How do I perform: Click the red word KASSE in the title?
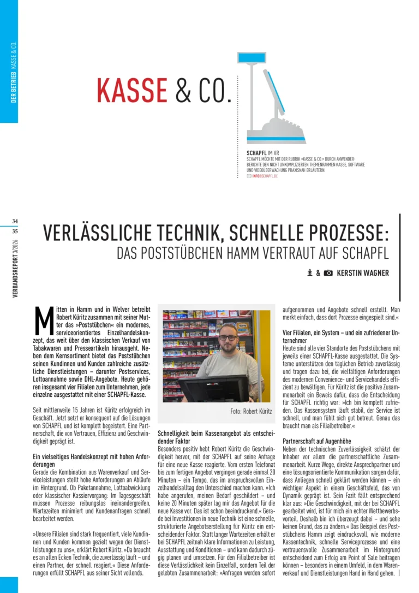(132, 90)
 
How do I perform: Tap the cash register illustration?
(267, 98)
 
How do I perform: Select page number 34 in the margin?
(15, 221)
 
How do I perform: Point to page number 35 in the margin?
(15, 231)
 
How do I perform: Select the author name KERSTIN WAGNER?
(363, 273)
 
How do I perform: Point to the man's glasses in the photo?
(228, 337)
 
